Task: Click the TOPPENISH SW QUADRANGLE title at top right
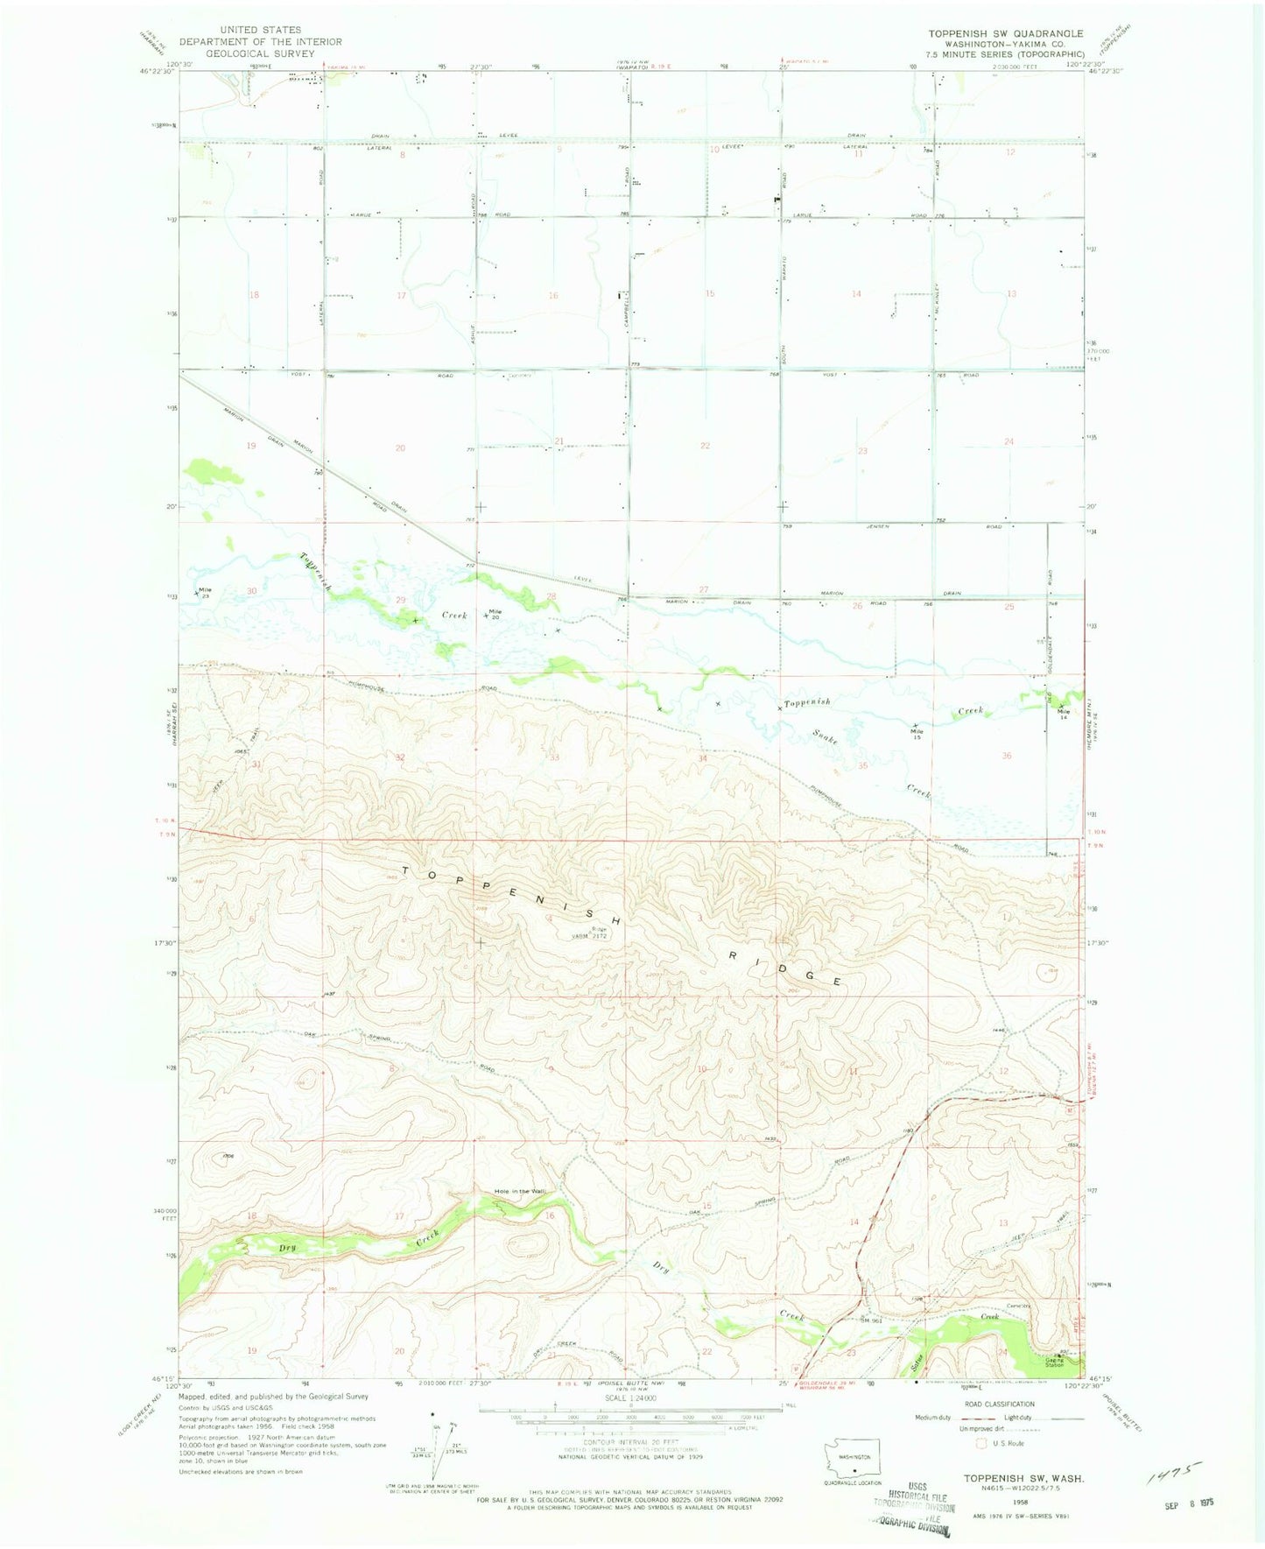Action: click(1005, 33)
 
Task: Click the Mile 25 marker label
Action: click(204, 592)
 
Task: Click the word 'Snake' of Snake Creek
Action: click(825, 737)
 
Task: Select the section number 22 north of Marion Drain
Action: click(705, 446)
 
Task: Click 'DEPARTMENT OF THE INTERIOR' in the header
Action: click(261, 41)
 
